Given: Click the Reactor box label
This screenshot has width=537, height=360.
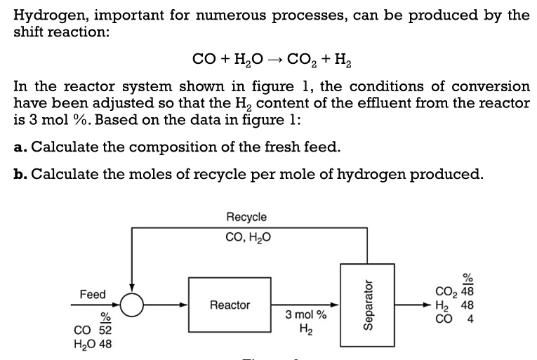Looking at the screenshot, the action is pyautogui.click(x=230, y=305).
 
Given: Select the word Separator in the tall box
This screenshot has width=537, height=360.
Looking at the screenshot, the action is pyautogui.click(x=367, y=305).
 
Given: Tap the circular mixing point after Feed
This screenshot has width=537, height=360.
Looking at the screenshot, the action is pyautogui.click(x=132, y=305).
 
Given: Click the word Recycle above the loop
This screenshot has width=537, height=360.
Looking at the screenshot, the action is pyautogui.click(x=246, y=217).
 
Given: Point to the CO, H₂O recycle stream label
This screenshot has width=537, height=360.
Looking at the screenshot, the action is pyautogui.click(x=248, y=237).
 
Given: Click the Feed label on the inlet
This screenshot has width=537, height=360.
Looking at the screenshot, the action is pyautogui.click(x=93, y=294).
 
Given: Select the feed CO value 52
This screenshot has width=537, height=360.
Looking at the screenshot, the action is pyautogui.click(x=105, y=331).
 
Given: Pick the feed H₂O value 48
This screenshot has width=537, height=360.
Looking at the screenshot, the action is pyautogui.click(x=105, y=344).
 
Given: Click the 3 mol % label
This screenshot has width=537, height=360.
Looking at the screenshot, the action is pyautogui.click(x=306, y=314).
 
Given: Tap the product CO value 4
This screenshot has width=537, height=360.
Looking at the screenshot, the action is pyautogui.click(x=470, y=319).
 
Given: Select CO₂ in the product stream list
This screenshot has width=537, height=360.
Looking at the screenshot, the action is pyautogui.click(x=446, y=291).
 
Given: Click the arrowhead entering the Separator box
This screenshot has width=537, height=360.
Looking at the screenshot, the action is pyautogui.click(x=335, y=305).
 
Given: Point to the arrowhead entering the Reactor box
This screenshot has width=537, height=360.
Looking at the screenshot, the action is pyautogui.click(x=184, y=305).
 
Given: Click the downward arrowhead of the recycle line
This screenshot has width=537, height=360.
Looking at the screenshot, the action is pyautogui.click(x=132, y=288).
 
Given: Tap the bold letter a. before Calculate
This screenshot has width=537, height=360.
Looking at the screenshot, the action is pyautogui.click(x=20, y=147).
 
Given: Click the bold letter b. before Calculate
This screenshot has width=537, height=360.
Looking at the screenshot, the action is pyautogui.click(x=20, y=174).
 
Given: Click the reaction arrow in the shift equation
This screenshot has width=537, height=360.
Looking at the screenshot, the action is pyautogui.click(x=275, y=60).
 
